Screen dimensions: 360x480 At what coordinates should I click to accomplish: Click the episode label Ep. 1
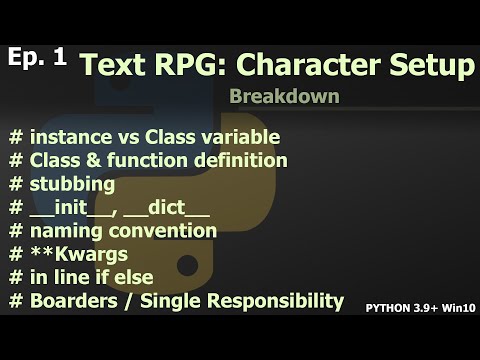click(37, 57)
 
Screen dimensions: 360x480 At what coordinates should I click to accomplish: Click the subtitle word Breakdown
click(283, 98)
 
